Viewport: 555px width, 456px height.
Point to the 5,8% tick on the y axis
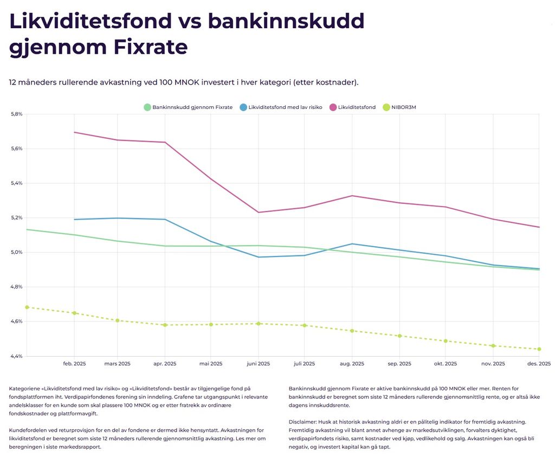pyautogui.click(x=16, y=114)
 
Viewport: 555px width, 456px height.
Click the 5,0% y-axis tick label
pyautogui.click(x=16, y=252)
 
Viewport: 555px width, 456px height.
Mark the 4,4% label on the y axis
pyautogui.click(x=16, y=356)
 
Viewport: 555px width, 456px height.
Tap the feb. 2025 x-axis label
pyautogui.click(x=74, y=364)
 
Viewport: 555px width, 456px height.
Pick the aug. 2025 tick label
pyautogui.click(x=352, y=364)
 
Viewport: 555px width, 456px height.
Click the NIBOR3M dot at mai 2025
pyautogui.click(x=211, y=324)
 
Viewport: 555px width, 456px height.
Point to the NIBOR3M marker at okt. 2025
pyautogui.click(x=446, y=341)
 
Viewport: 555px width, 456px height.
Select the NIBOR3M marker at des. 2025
pyautogui.click(x=539, y=349)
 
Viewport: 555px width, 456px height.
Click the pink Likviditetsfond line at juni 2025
pyautogui.click(x=258, y=212)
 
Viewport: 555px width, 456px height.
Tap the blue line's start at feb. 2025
pyautogui.click(x=74, y=220)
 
